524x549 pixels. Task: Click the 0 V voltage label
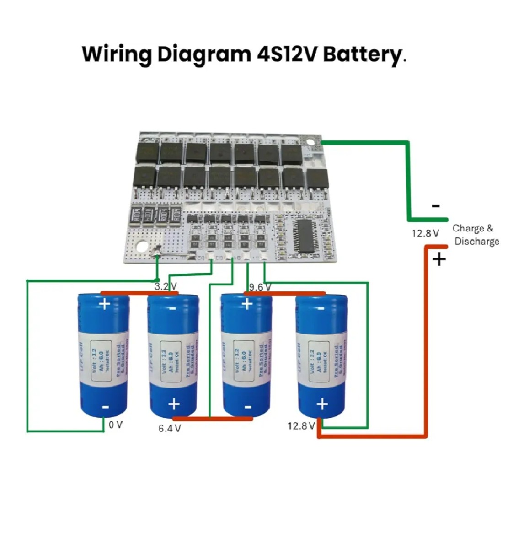[x=116, y=425]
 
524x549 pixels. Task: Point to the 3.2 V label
[x=166, y=287]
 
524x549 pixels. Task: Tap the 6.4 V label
[x=170, y=429]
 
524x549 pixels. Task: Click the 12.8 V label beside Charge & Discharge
[x=425, y=233]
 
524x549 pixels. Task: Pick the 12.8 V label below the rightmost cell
[x=301, y=426]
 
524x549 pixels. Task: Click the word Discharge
[x=476, y=241]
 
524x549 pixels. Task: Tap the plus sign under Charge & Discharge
[x=439, y=259]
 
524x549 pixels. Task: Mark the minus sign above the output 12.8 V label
[x=436, y=206]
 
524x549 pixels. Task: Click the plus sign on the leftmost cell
[x=105, y=304]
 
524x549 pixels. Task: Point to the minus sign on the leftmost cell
[x=105, y=407]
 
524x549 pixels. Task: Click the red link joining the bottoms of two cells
[x=213, y=419]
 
